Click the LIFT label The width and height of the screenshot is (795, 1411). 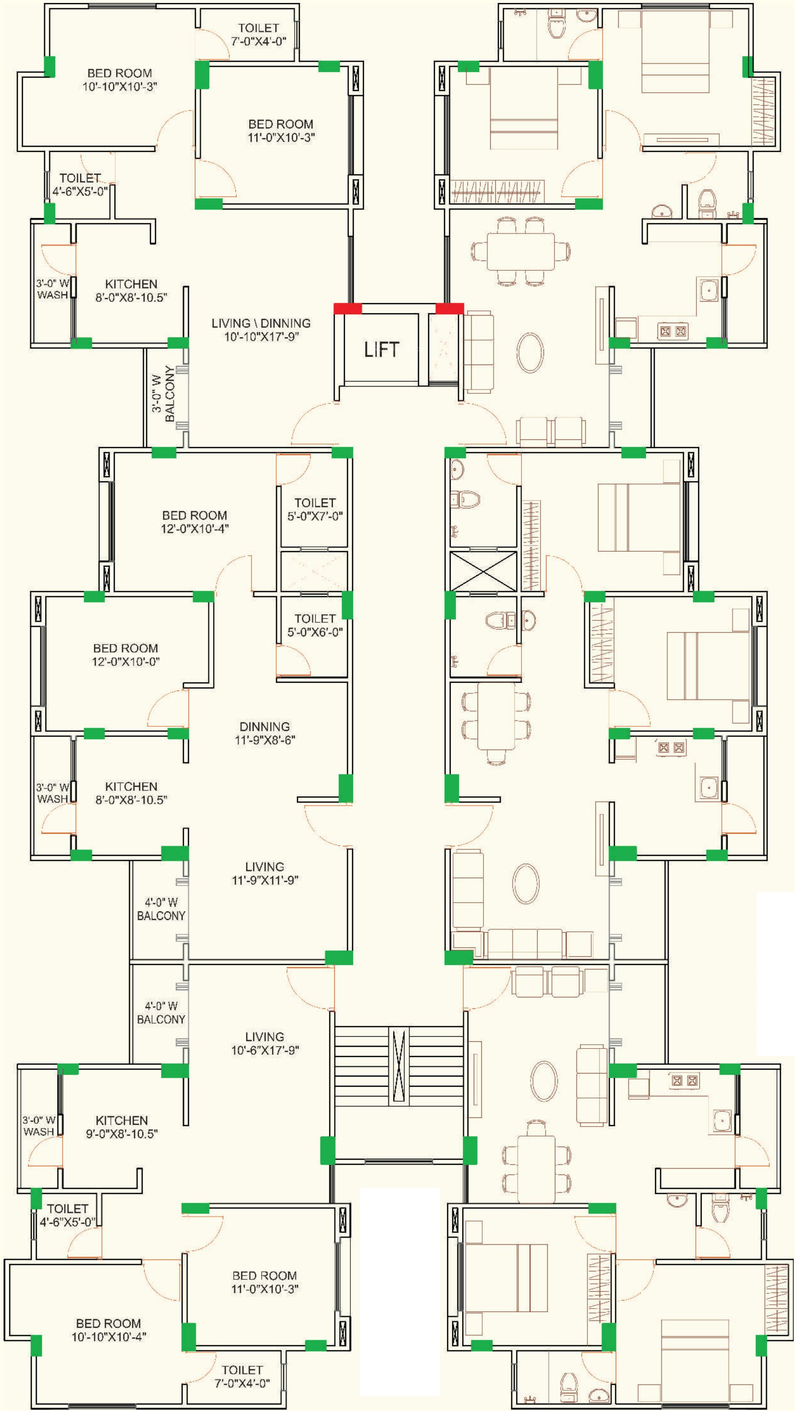(381, 349)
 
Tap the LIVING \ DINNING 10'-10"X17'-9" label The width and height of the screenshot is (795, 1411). (261, 330)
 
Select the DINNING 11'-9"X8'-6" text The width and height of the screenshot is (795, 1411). (265, 733)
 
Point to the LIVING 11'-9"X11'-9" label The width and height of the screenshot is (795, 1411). (265, 873)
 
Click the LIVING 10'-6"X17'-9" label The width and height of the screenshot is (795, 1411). (265, 1043)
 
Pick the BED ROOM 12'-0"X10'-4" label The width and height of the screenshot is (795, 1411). (194, 522)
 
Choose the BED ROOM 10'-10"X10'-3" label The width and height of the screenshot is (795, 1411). (120, 80)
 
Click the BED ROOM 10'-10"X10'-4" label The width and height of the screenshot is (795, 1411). (108, 1330)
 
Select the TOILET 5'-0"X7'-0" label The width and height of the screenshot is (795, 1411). (315, 509)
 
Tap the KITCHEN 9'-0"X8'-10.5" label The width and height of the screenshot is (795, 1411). (122, 1127)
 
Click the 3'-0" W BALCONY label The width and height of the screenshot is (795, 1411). (163, 393)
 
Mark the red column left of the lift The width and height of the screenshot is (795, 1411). (348, 308)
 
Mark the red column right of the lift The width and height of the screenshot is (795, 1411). (450, 308)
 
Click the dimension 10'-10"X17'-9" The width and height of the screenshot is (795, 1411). (261, 336)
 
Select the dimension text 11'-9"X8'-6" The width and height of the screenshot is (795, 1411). (265, 739)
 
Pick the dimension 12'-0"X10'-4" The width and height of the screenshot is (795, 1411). (194, 528)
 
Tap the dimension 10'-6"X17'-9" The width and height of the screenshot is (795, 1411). (265, 1050)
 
